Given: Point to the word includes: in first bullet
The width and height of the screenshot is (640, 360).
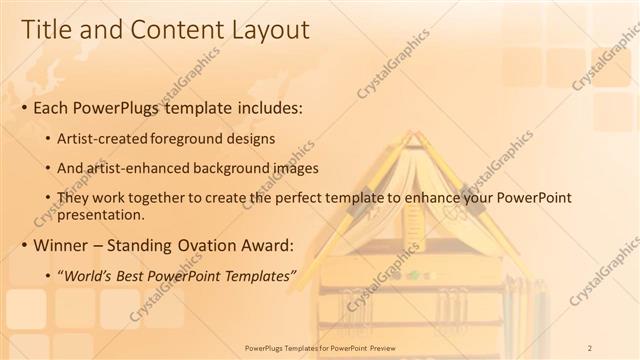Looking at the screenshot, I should point(260,108).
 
